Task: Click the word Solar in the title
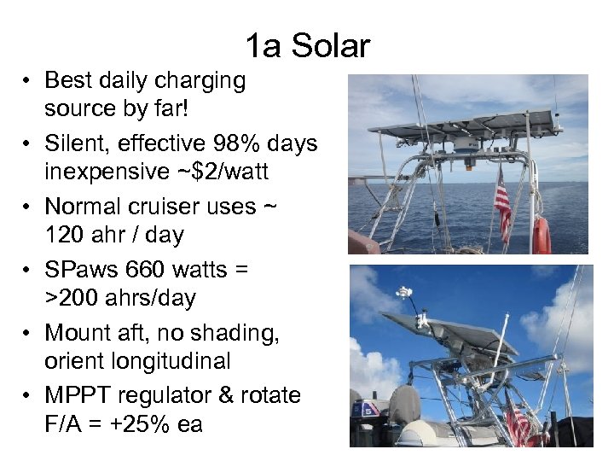(331, 45)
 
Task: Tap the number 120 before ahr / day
(67, 235)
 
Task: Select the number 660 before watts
(147, 270)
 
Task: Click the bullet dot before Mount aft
(28, 333)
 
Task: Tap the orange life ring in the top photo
(542, 236)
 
